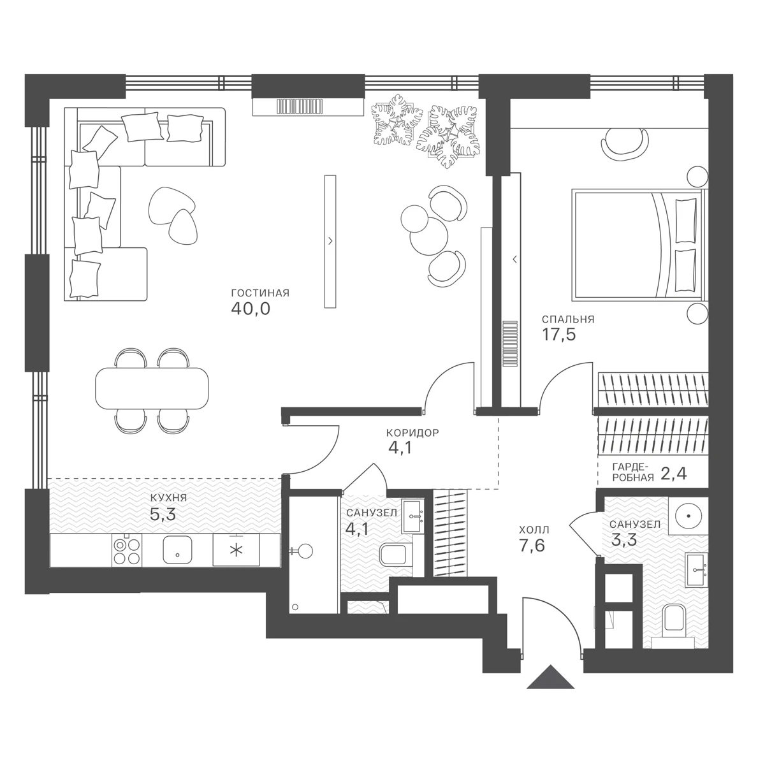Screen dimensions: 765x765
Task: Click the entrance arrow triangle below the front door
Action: click(x=551, y=678)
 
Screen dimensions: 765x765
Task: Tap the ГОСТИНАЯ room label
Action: click(x=260, y=293)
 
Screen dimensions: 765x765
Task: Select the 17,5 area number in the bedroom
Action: click(x=559, y=335)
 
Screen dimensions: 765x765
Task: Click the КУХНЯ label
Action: click(x=168, y=498)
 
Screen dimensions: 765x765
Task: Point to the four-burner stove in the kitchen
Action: click(x=127, y=550)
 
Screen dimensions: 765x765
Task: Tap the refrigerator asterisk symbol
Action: click(x=237, y=550)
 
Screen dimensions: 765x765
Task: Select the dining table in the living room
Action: click(x=152, y=388)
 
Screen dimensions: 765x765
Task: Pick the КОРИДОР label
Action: click(x=412, y=432)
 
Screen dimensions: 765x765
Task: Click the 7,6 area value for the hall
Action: click(x=532, y=546)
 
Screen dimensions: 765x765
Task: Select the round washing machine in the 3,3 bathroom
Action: click(x=688, y=516)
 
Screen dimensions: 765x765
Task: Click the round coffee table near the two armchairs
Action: click(x=430, y=237)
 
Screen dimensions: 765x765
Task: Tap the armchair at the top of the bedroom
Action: click(x=625, y=146)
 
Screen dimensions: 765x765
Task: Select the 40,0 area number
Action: click(x=251, y=309)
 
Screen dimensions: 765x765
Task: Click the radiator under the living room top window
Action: click(x=300, y=106)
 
